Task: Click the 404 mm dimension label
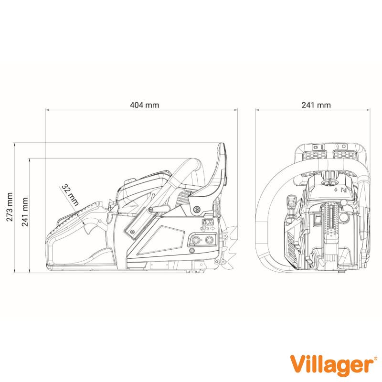click(145, 105)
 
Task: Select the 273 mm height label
click(10, 207)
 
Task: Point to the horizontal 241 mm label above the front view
click(316, 105)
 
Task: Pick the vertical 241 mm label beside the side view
click(25, 212)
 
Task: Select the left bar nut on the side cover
click(195, 240)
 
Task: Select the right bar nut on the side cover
click(209, 240)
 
